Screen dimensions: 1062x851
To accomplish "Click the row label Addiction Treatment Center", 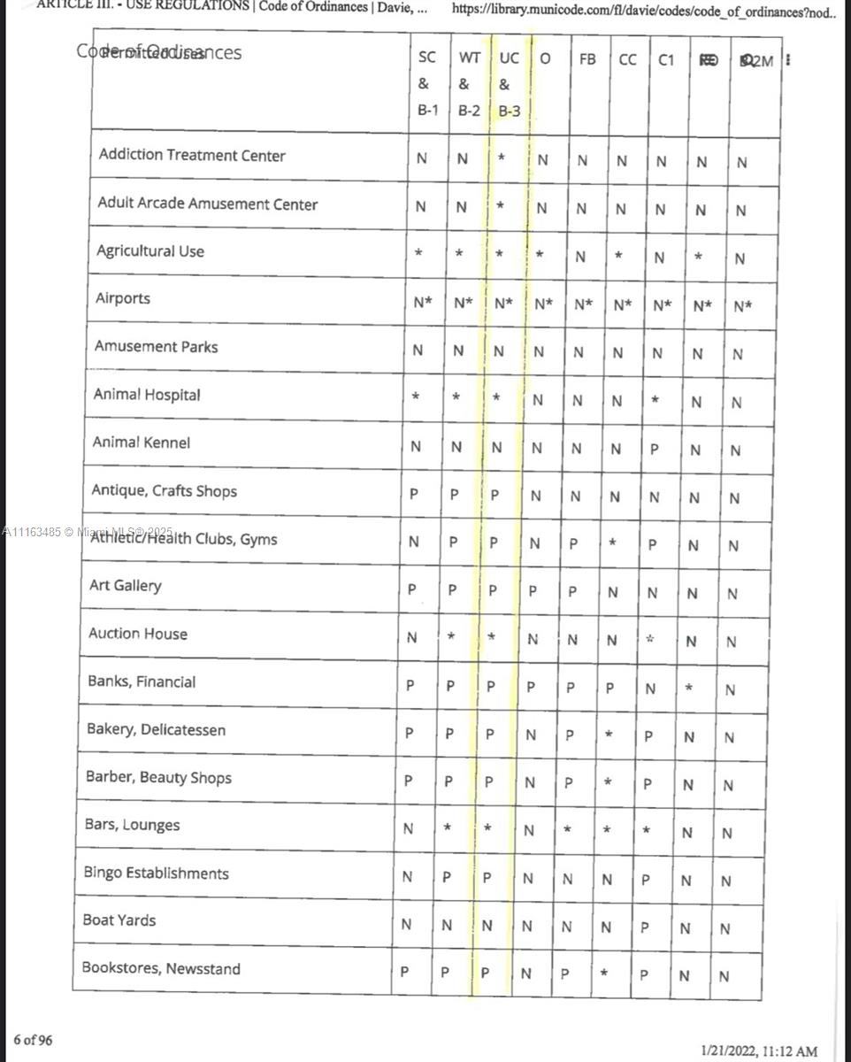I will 192,156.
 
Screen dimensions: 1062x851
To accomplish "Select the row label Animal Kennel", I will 142,442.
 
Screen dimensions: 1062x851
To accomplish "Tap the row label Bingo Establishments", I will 156,873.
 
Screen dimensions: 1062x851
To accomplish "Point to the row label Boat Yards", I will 119,920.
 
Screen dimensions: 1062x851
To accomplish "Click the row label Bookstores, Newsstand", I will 161,969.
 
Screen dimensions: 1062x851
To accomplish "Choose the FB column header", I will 587,59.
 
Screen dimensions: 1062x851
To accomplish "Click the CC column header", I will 627,59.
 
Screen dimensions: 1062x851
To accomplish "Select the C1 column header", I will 666,59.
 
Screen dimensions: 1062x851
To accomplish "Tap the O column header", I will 546,59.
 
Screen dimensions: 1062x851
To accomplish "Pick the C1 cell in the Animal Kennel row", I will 654,449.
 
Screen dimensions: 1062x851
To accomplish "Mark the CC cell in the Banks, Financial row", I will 609,687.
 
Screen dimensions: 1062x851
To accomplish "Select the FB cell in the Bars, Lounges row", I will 568,830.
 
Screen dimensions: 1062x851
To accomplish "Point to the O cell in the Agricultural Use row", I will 540,255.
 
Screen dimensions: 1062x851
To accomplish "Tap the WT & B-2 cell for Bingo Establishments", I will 447,878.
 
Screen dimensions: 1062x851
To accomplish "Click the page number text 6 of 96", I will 33,1040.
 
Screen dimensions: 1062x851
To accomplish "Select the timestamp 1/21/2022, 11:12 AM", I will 759,1051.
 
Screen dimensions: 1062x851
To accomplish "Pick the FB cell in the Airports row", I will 583,304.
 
